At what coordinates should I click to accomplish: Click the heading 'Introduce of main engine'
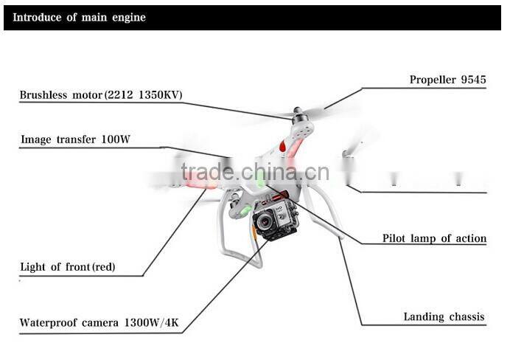tap(79, 17)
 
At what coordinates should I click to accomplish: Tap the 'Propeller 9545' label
tap(447, 80)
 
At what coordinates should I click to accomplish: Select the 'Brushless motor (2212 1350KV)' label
tap(101, 95)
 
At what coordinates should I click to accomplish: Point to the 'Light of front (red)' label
tap(68, 266)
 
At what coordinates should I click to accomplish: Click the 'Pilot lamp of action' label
tap(434, 238)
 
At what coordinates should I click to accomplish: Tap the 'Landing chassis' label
tap(444, 316)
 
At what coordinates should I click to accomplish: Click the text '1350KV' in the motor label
tap(159, 95)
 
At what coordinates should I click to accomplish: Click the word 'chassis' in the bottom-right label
tap(465, 316)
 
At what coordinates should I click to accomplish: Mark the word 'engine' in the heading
tap(128, 17)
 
